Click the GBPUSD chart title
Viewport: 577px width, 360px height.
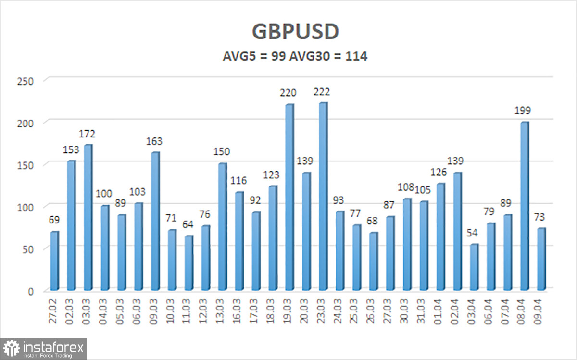(x=295, y=32)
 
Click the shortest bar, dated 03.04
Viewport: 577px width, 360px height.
(x=474, y=267)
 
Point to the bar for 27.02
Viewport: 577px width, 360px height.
(x=54, y=261)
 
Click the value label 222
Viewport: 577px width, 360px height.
(x=321, y=92)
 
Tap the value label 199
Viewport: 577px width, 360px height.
(x=523, y=111)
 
